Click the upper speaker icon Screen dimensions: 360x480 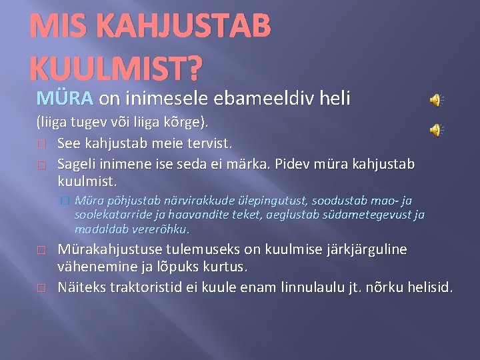[436, 101]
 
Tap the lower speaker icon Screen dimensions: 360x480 [436, 130]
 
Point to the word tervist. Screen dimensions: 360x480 [207, 143]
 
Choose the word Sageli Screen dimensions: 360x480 [77, 163]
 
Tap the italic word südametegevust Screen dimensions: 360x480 [373, 215]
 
